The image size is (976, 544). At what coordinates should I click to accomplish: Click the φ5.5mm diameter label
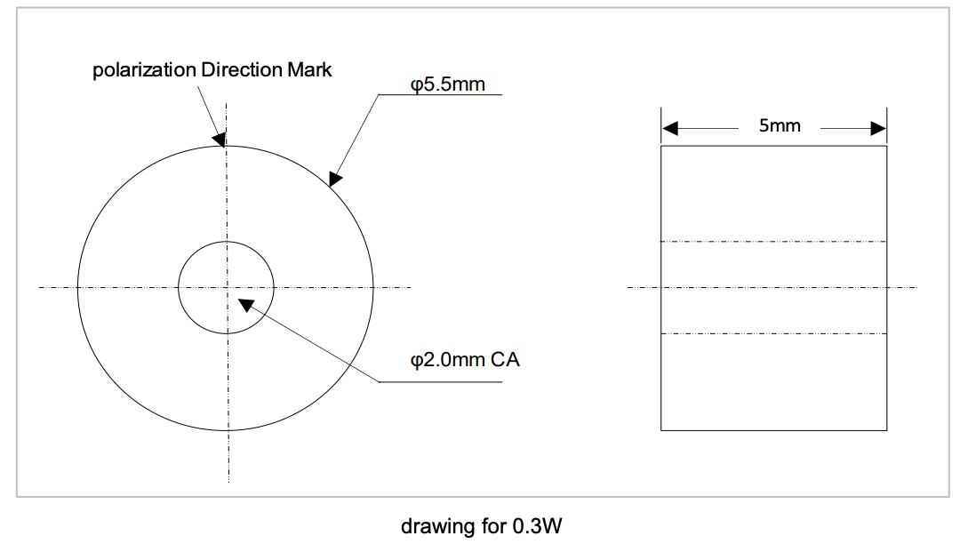coord(447,84)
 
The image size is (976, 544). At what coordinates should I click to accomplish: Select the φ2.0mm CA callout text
coord(464,360)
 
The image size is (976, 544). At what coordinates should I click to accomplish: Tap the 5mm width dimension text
coord(780,126)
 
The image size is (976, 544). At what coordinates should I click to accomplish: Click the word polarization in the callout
coord(144,70)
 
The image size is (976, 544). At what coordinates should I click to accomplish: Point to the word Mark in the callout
coord(309,70)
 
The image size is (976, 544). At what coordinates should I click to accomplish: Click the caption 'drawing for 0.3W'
coord(481,525)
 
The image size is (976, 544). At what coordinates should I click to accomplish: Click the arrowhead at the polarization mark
coord(220,139)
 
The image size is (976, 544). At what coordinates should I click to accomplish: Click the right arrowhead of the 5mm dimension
coord(878,129)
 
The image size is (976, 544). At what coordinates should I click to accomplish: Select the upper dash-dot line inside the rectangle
coord(773,241)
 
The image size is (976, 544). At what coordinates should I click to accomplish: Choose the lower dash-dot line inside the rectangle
coord(773,333)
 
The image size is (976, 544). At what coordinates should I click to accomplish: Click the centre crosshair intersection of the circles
coord(227,287)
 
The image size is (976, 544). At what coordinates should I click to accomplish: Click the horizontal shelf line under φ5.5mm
coord(440,94)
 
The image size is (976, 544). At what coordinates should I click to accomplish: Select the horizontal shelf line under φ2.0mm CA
coord(440,382)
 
